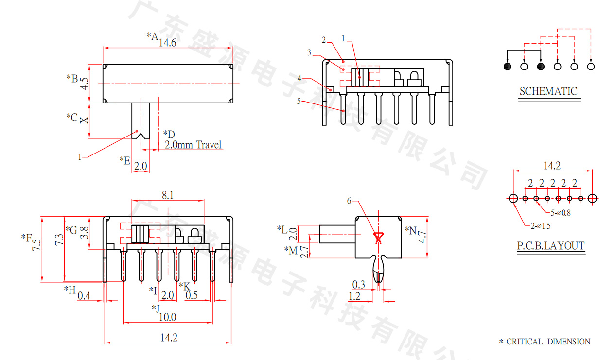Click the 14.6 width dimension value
click(x=167, y=43)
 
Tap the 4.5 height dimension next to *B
click(x=84, y=83)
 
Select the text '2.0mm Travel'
click(x=193, y=145)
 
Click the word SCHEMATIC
click(x=548, y=91)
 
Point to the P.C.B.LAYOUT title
click(x=550, y=246)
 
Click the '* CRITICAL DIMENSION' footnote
click(x=545, y=342)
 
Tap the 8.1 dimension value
click(x=168, y=195)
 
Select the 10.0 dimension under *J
click(x=168, y=317)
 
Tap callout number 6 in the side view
click(x=349, y=201)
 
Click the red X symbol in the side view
click(x=379, y=238)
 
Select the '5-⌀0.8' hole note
click(x=561, y=213)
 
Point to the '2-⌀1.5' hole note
click(x=541, y=225)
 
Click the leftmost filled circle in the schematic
click(x=508, y=66)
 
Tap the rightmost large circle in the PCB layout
click(x=592, y=198)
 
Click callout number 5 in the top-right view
click(x=299, y=101)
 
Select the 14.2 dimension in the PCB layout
click(x=552, y=166)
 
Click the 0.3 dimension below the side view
click(x=359, y=284)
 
